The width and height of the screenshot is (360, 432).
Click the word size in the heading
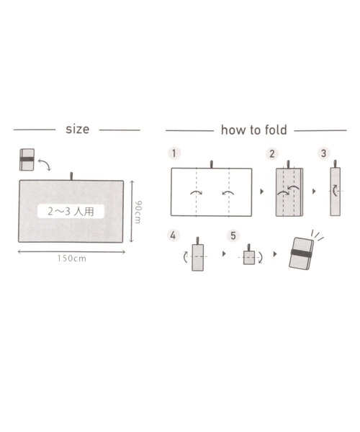tap(77, 129)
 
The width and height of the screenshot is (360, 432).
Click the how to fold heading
tap(254, 130)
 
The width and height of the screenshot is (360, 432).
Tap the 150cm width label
tap(71, 258)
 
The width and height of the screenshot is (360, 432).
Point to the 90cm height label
tap(138, 212)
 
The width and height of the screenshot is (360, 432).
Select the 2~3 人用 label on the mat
tap(71, 211)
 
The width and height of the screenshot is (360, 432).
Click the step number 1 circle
tap(174, 153)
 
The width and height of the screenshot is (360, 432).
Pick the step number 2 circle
tap(272, 153)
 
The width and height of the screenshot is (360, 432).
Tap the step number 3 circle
tap(324, 153)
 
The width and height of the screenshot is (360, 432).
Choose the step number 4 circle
tap(173, 235)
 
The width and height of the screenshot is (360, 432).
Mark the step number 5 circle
tap(233, 235)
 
